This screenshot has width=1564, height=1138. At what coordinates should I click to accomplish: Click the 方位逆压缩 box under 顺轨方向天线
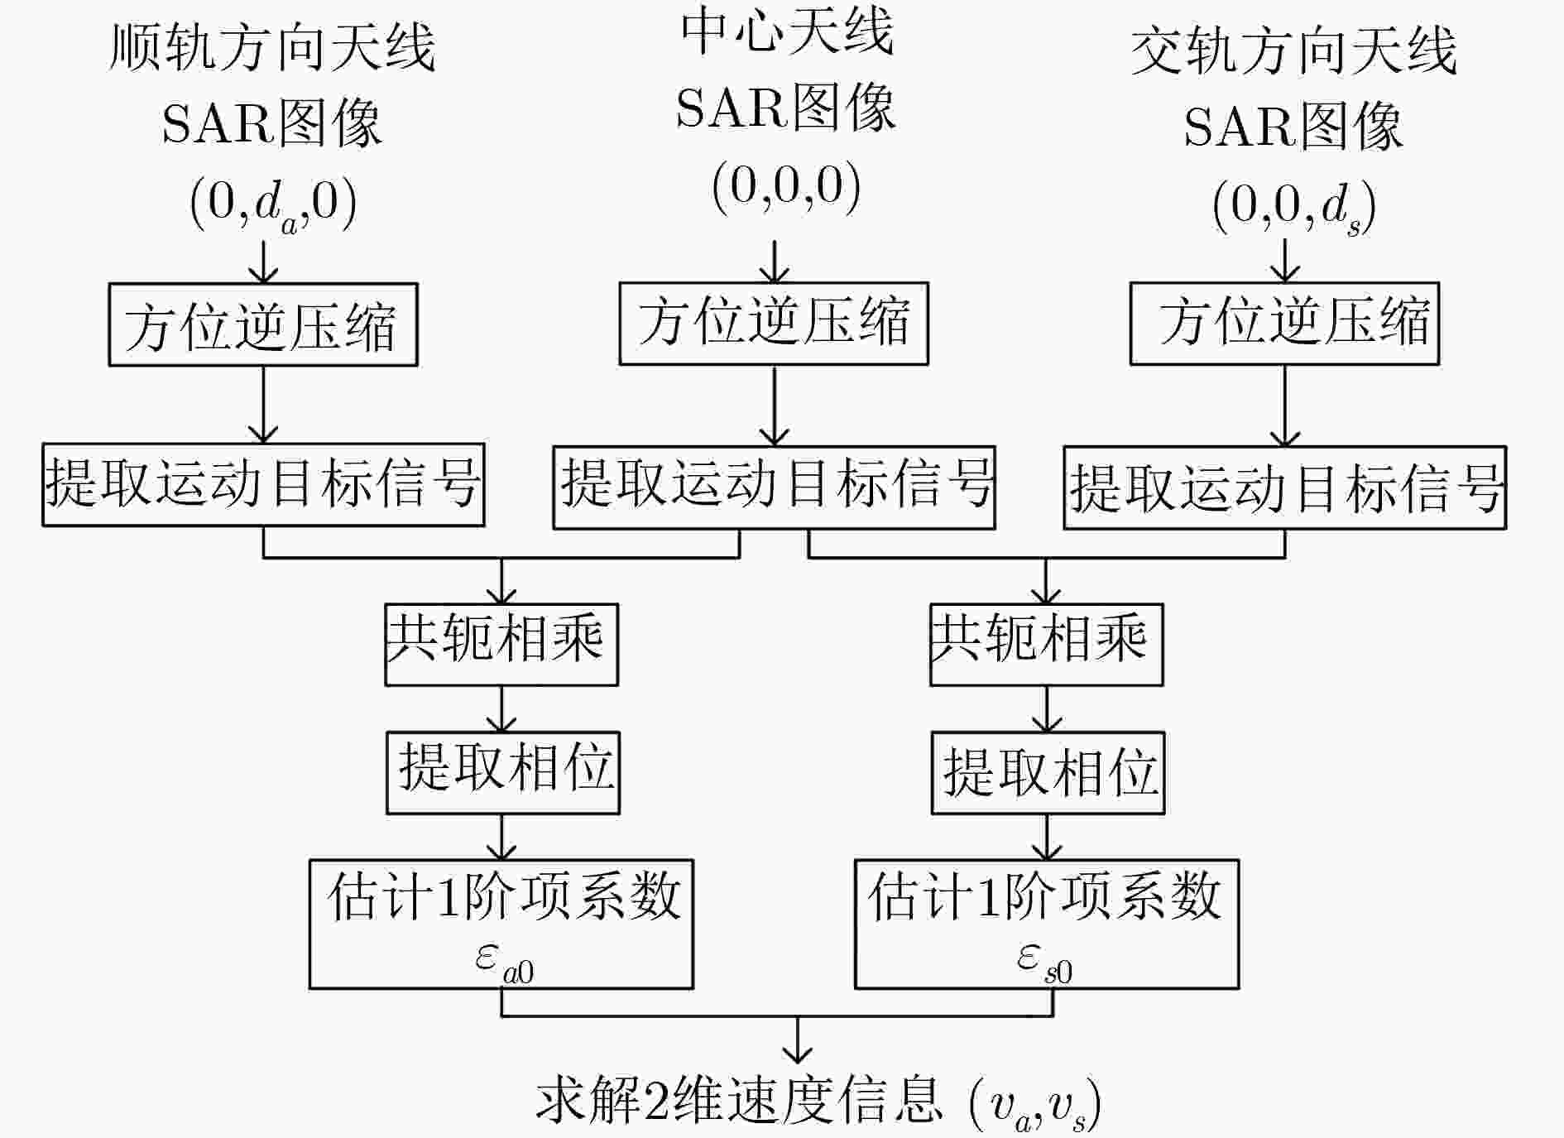pos(263,324)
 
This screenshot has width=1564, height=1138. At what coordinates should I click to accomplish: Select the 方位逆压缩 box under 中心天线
pos(774,323)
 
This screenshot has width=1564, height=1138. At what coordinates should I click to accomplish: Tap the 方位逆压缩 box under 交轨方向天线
pos(1284,323)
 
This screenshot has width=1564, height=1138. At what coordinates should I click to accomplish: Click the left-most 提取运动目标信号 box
pos(263,485)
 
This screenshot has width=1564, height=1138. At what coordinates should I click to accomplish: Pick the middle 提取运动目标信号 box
pos(774,487)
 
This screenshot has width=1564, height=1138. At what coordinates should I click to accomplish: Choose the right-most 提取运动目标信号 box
pos(1284,487)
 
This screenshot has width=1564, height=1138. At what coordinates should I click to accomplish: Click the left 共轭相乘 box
pos(501,644)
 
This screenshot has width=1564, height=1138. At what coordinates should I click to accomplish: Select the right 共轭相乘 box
pos(1046,644)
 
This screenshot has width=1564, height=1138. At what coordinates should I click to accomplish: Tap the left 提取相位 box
pos(502,772)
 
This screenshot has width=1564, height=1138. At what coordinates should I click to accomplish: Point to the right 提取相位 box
pos(1048,772)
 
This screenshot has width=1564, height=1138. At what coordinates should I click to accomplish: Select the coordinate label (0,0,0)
pos(786,187)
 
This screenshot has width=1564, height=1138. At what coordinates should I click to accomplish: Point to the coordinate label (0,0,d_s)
pos(1294,207)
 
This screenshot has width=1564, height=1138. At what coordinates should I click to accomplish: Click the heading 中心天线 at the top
pos(787,33)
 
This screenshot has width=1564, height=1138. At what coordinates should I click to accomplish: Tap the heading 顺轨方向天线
pos(272,48)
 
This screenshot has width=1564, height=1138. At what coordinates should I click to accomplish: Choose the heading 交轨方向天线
pos(1293,51)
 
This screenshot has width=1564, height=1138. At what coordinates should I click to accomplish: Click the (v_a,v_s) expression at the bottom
pos(1034,1105)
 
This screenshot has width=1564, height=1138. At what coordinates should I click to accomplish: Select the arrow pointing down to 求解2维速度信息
pos(797,1040)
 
